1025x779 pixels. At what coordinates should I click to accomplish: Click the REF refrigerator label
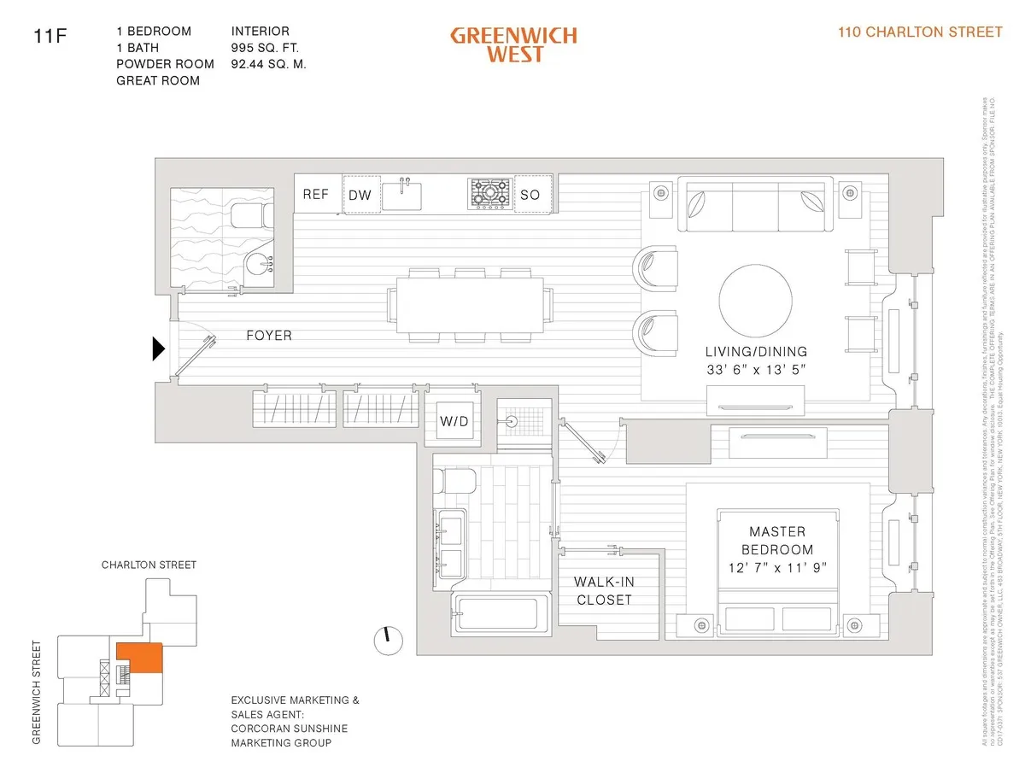(x=315, y=195)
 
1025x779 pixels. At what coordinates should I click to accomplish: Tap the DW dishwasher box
(x=360, y=195)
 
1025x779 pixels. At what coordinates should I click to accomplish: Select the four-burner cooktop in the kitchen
(x=489, y=193)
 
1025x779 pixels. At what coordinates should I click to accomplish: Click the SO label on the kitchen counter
(x=530, y=195)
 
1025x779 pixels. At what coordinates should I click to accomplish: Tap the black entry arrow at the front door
(x=158, y=348)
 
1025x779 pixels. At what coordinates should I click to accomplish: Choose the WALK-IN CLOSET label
(x=603, y=590)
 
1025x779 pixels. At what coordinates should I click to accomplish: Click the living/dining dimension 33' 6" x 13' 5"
(x=756, y=370)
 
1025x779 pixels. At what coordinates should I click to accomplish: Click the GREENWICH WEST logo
(x=513, y=44)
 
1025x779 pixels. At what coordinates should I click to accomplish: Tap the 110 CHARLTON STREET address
(x=921, y=32)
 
